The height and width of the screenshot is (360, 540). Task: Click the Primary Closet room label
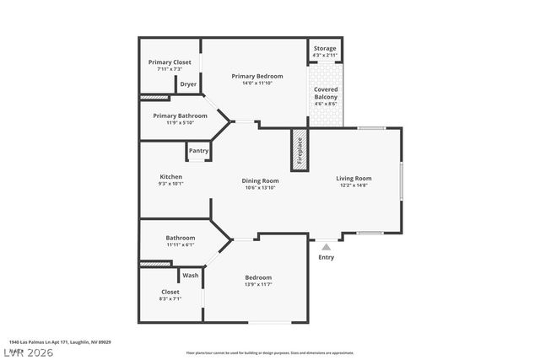[170, 62]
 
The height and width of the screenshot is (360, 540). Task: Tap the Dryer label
[188, 84]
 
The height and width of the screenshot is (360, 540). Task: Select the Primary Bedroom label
[257, 76]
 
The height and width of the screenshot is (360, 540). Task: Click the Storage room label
[325, 48]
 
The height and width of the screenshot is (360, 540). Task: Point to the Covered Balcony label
[326, 94]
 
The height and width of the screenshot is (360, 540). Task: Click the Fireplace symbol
[299, 151]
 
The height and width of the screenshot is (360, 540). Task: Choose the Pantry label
[198, 151]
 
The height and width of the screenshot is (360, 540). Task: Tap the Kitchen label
[170, 176]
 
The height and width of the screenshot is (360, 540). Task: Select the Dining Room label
[260, 180]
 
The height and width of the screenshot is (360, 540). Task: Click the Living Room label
[354, 178]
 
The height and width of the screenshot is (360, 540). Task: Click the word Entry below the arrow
[326, 258]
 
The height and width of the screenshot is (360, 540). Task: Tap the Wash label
[191, 276]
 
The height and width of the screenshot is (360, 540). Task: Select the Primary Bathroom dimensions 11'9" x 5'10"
[174, 123]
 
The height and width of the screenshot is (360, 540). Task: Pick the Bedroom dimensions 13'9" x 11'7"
[258, 285]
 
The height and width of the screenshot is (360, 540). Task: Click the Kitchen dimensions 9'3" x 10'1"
[170, 183]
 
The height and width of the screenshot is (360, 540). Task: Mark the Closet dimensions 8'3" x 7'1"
[170, 298]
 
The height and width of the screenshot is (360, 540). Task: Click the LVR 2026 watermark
[27, 352]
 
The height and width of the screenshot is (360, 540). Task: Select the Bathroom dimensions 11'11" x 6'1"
[181, 244]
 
